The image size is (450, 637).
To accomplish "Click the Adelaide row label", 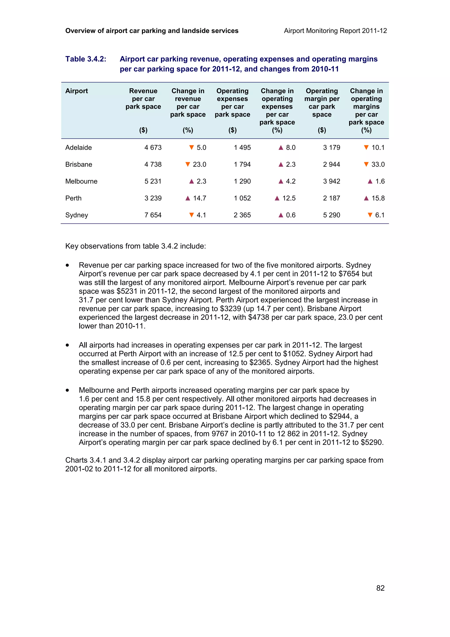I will pyautogui.click(x=78, y=147).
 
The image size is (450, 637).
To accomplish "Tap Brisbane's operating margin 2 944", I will pyautogui.click(x=331, y=164).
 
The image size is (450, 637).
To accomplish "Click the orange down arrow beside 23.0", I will pyautogui.click(x=188, y=164).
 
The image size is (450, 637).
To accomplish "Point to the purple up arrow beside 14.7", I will pyautogui.click(x=188, y=198).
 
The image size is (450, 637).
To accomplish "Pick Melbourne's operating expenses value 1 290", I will pyautogui.click(x=242, y=181).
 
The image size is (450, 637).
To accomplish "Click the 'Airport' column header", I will pyautogui.click(x=76, y=91).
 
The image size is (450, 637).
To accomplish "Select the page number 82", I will pyautogui.click(x=380, y=588).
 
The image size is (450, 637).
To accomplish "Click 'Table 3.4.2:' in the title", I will pyautogui.click(x=86, y=59).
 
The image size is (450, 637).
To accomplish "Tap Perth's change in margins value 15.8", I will pyautogui.click(x=378, y=198).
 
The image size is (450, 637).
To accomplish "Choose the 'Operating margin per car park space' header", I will pyautogui.click(x=322, y=103).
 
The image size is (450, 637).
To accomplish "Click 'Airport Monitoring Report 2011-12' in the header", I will pyautogui.click(x=335, y=31).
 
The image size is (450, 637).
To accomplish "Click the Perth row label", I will pyautogui.click(x=73, y=198).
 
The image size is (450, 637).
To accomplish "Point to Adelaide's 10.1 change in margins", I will pyautogui.click(x=378, y=147).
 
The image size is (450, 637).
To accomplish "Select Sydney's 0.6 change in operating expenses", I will pyautogui.click(x=290, y=215).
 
